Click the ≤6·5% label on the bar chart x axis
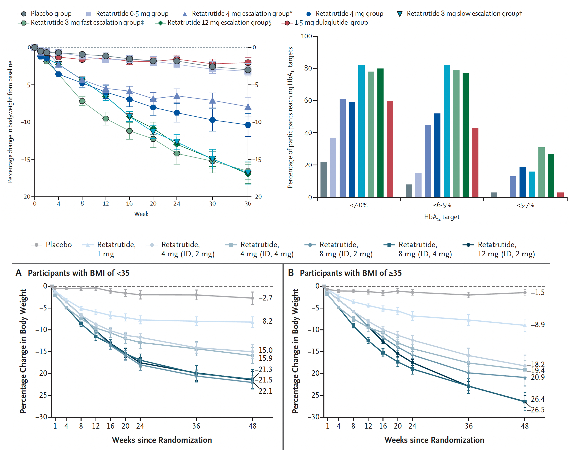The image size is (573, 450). pyautogui.click(x=442, y=205)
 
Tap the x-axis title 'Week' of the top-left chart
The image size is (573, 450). pyautogui.click(x=141, y=214)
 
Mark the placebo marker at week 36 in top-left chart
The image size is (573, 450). pyautogui.click(x=248, y=70)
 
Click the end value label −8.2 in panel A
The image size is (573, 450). pyautogui.click(x=265, y=321)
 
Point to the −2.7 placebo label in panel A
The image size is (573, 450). pyautogui.click(x=265, y=298)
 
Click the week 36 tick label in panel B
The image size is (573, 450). pyautogui.click(x=468, y=426)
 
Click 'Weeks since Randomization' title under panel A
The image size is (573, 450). pyautogui.click(x=162, y=440)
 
